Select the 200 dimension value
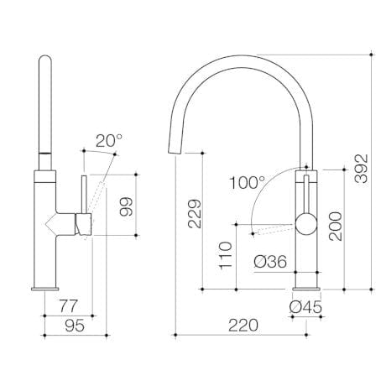click(335, 221)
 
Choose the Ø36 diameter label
click(269, 262)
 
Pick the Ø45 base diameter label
click(305, 309)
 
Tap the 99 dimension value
click(127, 206)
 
